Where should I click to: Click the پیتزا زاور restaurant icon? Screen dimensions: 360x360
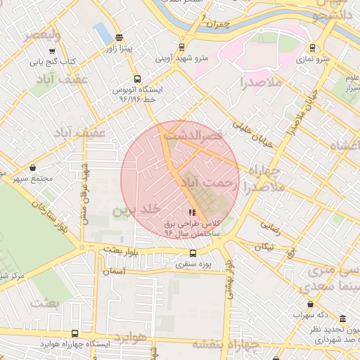[118, 38]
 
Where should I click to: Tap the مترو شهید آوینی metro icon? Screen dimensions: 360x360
[182, 47]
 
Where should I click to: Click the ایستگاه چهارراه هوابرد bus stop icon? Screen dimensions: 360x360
[75, 333]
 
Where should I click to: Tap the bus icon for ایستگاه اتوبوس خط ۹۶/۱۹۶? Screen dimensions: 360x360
[136, 79]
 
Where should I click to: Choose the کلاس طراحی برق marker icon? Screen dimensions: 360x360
[192, 212]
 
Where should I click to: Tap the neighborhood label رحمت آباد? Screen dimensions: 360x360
[205, 183]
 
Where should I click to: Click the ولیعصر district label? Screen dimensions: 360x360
[41, 34]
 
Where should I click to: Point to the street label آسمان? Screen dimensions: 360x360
[113, 271]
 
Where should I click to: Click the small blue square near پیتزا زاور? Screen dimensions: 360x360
[101, 32]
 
